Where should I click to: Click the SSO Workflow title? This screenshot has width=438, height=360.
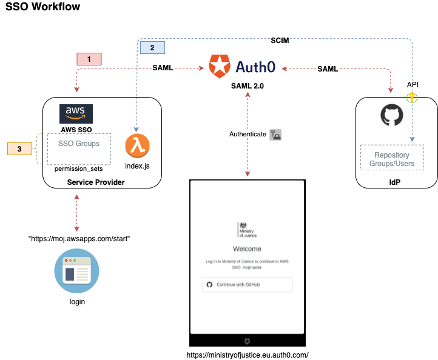42,8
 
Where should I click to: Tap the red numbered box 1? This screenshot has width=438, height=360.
89,59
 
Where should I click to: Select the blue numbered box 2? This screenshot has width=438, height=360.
152,47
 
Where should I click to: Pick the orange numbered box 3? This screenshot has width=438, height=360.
19,148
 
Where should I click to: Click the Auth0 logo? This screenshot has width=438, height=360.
242,66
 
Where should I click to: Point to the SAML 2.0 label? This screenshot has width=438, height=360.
247,86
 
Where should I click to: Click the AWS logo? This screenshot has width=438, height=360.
76,113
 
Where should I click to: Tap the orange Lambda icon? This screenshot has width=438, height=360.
137,146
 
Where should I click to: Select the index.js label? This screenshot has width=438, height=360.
137,165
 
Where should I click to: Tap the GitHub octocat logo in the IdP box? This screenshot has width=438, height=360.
392,115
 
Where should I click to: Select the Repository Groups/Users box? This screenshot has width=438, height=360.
391,159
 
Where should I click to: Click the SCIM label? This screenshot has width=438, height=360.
279,41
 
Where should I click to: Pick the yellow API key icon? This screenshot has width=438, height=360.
413,96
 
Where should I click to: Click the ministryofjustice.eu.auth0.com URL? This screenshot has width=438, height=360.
246,355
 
